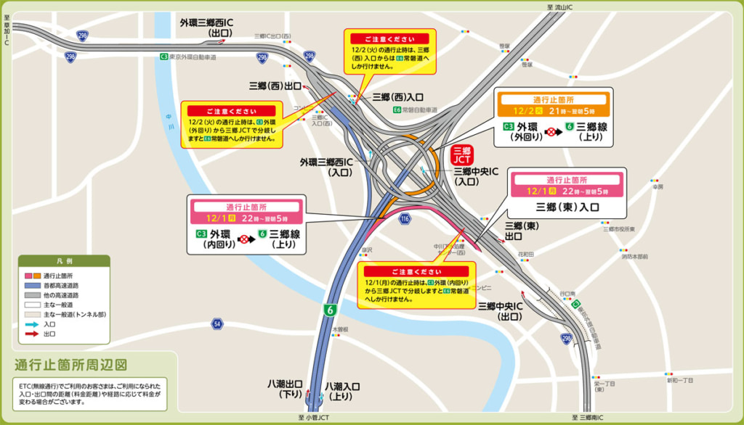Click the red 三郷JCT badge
pos(463,154)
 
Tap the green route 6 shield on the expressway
pos(330,310)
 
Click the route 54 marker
pos(217,323)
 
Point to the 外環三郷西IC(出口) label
pos(217,28)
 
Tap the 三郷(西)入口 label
pos(397,96)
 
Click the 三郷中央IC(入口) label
pos(476,177)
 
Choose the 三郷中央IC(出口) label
pos(501,311)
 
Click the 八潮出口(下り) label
pos(285,389)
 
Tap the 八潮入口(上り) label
pos(343,391)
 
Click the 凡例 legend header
pos(65,261)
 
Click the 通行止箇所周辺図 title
pos(71,365)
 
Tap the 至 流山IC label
pos(560,6)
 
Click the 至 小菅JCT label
pos(313,418)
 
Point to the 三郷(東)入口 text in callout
pos(567,207)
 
